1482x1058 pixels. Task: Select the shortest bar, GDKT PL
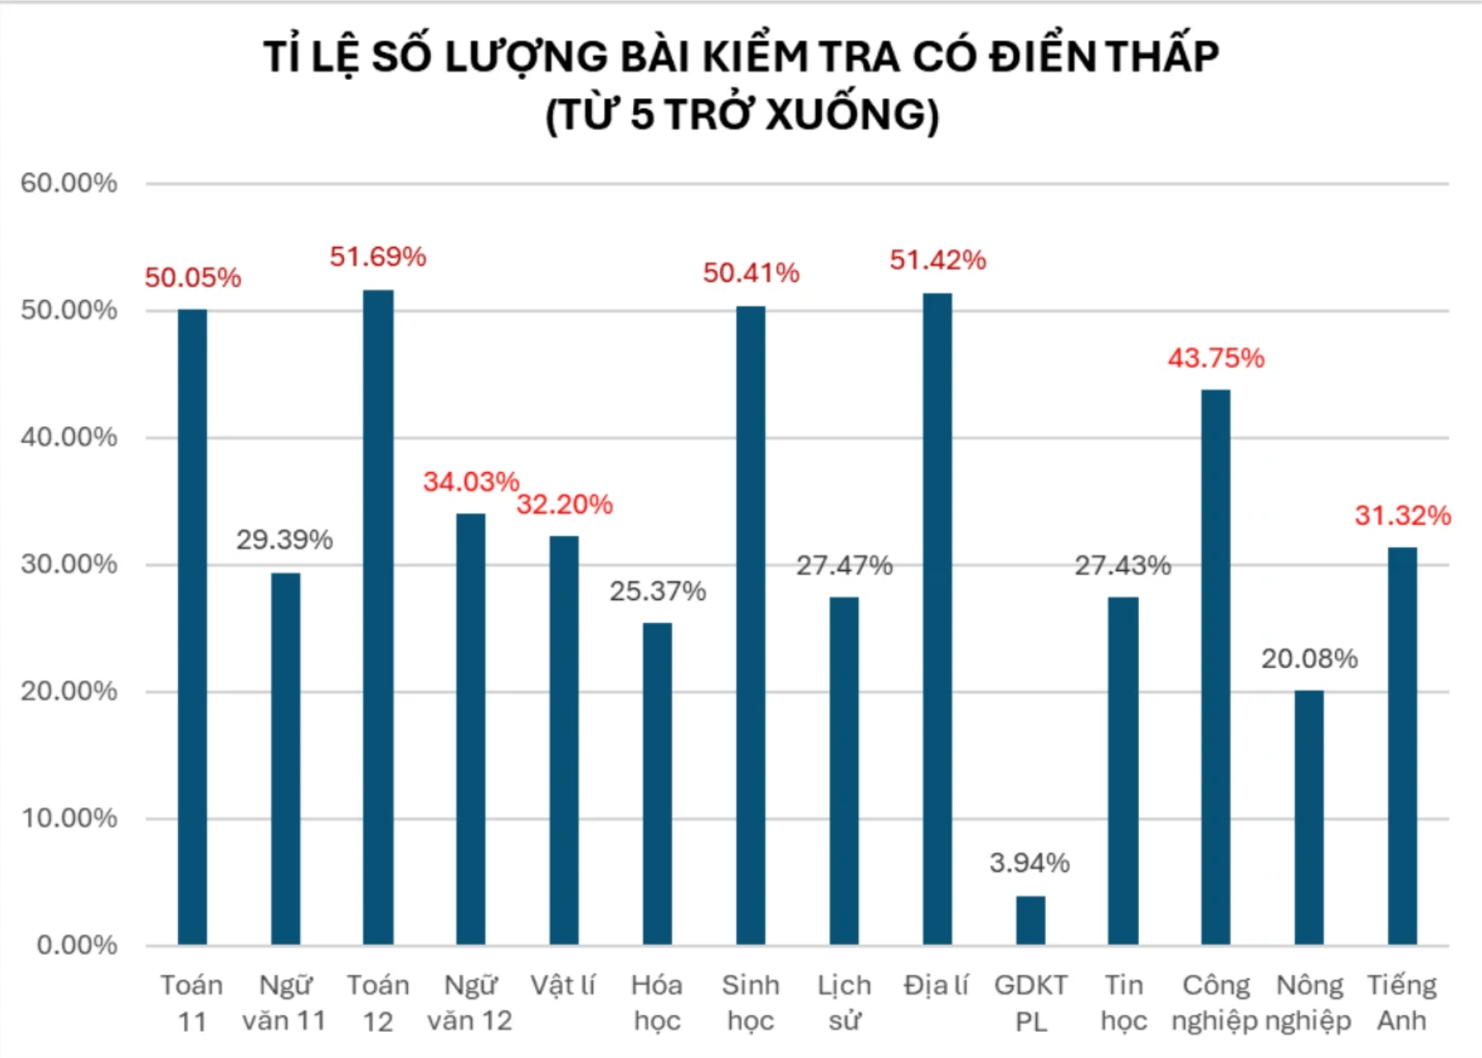[x=1030, y=920]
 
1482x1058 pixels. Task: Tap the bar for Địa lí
[x=937, y=618]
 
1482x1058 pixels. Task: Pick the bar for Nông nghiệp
[x=1309, y=817]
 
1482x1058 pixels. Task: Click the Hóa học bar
[x=657, y=783]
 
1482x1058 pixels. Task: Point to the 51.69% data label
[x=378, y=257]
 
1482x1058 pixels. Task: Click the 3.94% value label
[x=1029, y=863]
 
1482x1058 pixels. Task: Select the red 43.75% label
[x=1216, y=358]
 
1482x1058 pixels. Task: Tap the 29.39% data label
[x=284, y=540]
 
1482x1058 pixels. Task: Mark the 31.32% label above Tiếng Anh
[x=1402, y=516]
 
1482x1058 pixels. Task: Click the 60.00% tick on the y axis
[x=69, y=183]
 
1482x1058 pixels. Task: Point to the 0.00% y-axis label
[x=77, y=944]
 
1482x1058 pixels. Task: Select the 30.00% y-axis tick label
[x=69, y=564]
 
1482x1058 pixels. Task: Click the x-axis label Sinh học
[x=750, y=1003]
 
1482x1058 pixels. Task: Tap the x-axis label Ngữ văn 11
[x=284, y=1003]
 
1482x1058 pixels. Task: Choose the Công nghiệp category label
[x=1215, y=1003]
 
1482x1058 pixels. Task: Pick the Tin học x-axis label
[x=1123, y=1003]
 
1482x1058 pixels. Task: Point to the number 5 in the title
[x=642, y=115]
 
